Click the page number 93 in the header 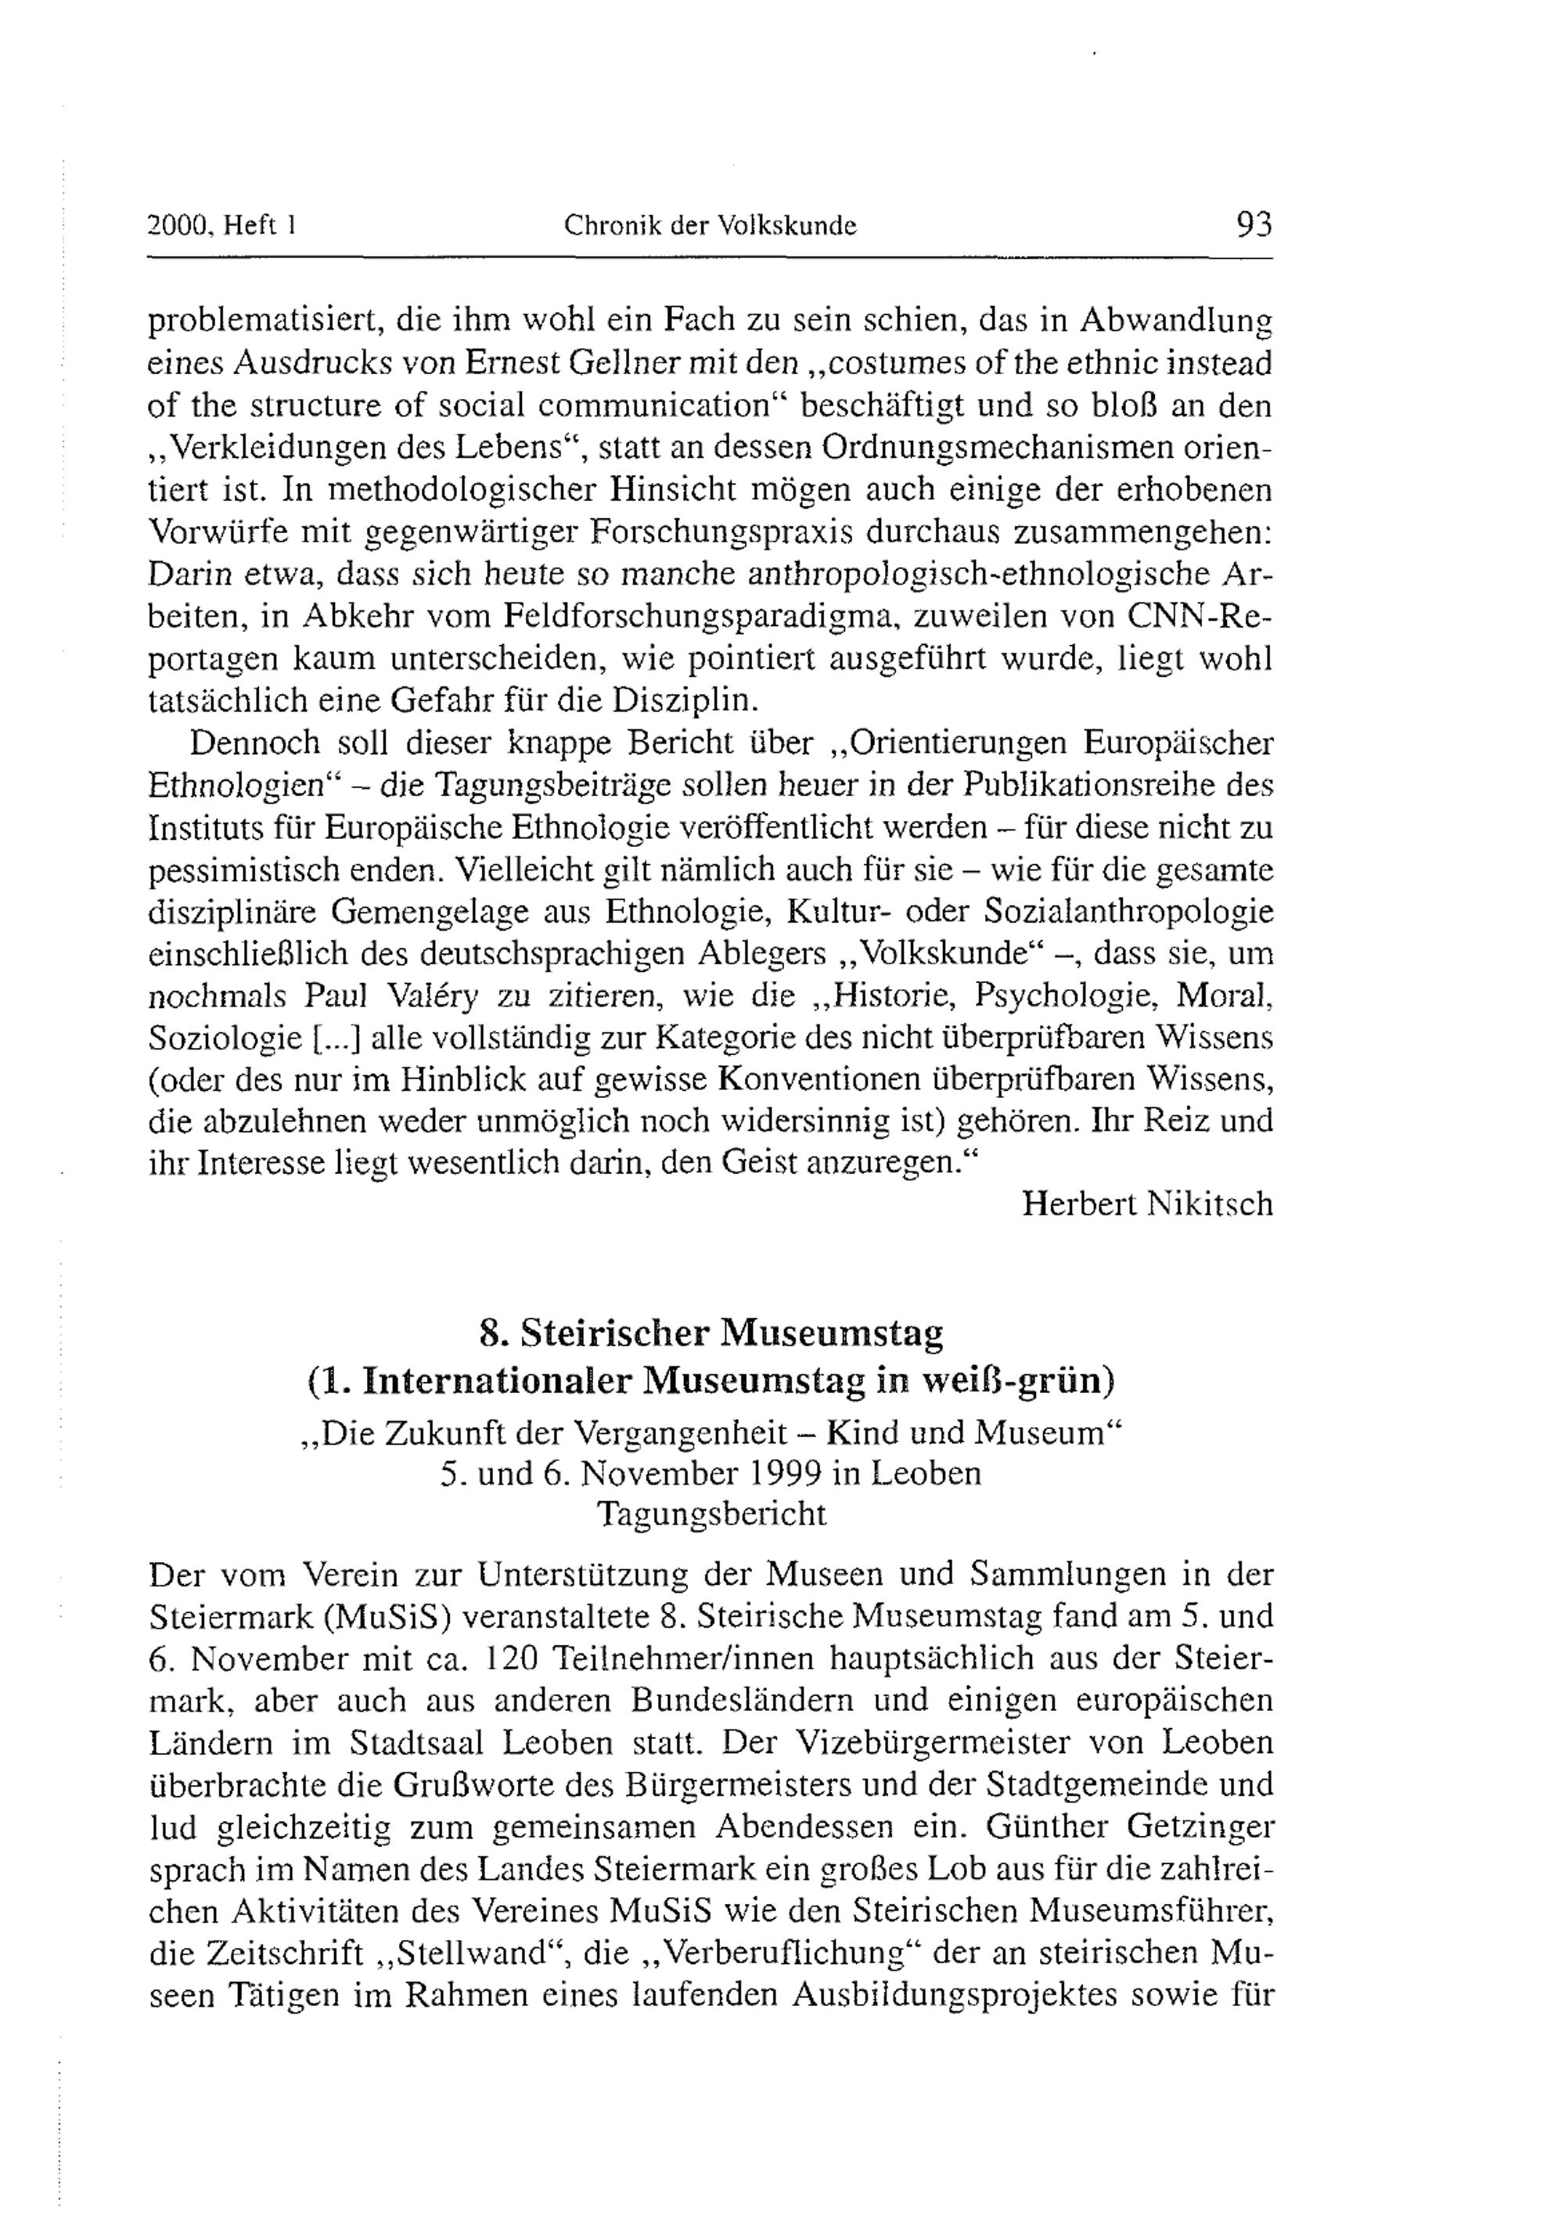(x=1253, y=225)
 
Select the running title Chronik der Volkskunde (x=710, y=227)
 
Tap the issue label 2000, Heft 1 (x=221, y=227)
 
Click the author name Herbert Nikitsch (x=1146, y=1204)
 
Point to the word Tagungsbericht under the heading (x=711, y=1514)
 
